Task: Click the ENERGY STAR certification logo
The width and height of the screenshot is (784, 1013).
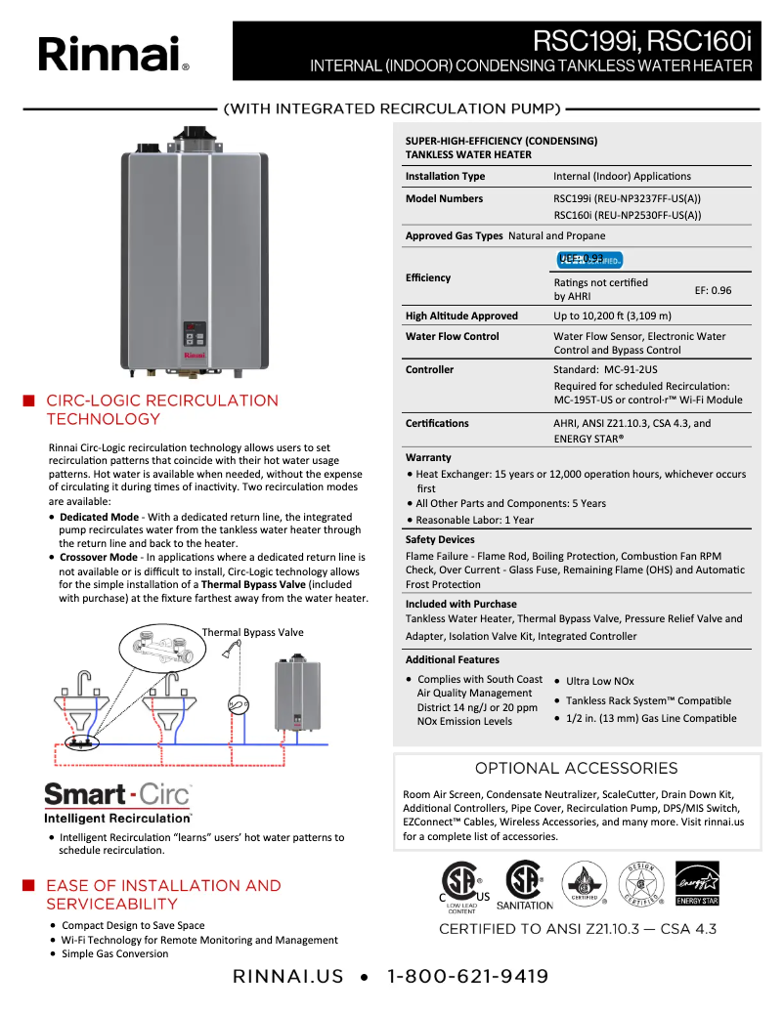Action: click(697, 883)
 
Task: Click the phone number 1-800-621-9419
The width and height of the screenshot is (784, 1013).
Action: click(467, 976)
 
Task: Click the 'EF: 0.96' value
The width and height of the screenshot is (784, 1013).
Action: click(713, 290)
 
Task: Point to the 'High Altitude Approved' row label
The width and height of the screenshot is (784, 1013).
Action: click(461, 316)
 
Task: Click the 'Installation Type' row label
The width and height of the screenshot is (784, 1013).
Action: click(445, 176)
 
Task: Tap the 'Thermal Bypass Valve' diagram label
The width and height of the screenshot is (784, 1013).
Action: click(252, 632)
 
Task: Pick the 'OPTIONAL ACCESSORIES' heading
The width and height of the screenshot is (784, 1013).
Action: click(576, 768)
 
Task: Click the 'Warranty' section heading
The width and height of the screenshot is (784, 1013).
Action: click(428, 457)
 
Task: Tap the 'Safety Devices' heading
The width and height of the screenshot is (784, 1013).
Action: click(440, 539)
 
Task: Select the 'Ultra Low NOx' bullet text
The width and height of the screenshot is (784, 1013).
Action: click(599, 681)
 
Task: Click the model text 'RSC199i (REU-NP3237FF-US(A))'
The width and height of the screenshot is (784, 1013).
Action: click(627, 198)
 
